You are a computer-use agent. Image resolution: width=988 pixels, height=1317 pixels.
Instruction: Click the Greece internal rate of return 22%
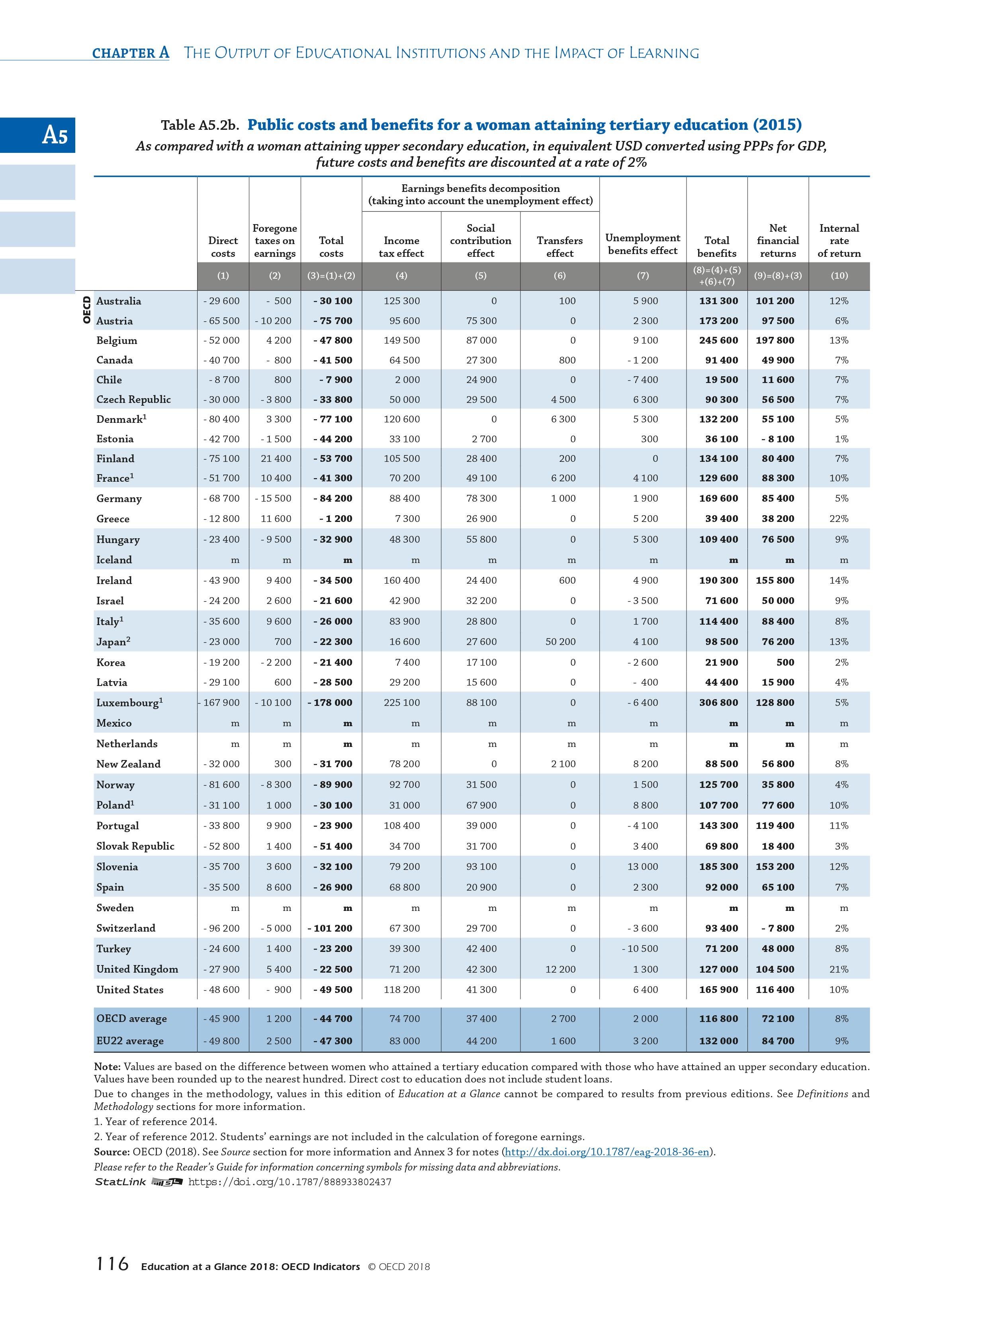839,519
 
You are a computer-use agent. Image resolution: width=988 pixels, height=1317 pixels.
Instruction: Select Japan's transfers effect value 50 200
560,641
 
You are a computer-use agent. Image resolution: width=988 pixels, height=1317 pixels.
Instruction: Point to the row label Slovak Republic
135,846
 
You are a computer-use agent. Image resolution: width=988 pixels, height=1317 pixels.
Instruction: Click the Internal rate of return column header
839,240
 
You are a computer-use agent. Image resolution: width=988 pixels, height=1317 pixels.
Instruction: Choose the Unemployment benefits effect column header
643,244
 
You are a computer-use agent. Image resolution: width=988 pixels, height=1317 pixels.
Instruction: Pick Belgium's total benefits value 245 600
718,340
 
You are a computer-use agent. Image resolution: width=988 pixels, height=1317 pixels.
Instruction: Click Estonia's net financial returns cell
778,439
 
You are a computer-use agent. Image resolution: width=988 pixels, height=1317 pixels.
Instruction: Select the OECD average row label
132,1019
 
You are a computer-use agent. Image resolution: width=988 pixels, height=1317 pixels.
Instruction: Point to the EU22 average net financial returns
778,1041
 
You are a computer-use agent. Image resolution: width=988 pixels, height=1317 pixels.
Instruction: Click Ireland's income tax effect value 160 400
401,580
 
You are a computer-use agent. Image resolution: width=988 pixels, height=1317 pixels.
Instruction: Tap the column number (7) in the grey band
643,276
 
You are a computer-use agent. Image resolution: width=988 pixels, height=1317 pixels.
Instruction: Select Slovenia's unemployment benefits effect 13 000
643,866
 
